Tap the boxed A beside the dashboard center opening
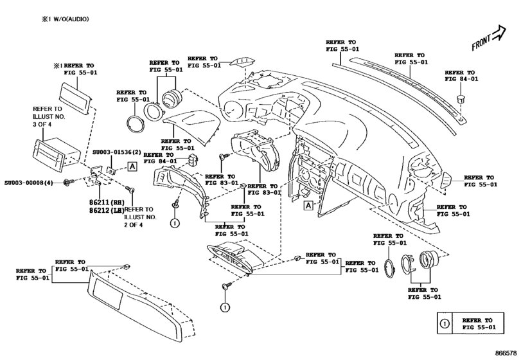[x=308, y=206]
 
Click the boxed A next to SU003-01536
[x=132, y=167]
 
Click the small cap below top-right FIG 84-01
[x=461, y=98]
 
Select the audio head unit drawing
[x=54, y=155]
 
